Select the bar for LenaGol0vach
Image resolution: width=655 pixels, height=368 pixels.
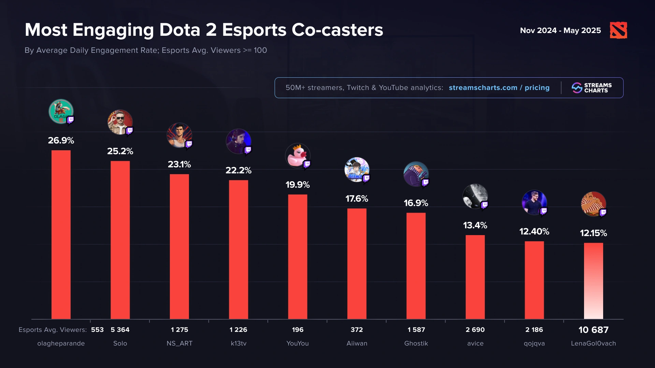593,281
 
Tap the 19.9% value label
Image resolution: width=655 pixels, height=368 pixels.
297,185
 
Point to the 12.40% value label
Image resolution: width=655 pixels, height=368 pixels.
534,232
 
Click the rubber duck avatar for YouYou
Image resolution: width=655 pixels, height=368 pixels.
297,156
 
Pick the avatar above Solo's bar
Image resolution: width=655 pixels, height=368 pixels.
120,122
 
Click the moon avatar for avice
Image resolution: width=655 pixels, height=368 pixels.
475,196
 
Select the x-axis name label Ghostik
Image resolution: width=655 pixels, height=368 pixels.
416,343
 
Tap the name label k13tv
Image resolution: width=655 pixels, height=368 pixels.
238,343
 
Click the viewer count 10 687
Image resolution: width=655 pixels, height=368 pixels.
593,330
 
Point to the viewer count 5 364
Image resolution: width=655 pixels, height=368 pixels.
120,330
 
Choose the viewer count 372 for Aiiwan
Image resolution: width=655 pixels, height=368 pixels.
357,330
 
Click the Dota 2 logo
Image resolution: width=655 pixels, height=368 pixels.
618,30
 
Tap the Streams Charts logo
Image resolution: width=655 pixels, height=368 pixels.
592,88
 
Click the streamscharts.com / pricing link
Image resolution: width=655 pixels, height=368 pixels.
499,88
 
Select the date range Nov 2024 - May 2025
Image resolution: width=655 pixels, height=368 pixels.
560,31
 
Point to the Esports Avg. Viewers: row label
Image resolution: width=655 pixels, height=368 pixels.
53,330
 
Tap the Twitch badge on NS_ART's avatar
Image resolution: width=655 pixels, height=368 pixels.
189,144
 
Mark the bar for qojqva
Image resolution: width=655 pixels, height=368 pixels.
534,280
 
